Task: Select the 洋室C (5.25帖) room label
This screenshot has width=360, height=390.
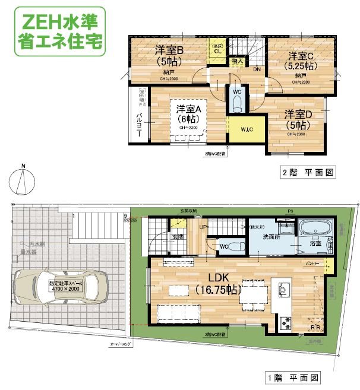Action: point(301,61)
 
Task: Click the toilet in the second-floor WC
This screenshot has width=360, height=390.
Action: point(236,104)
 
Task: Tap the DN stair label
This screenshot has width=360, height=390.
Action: point(257,69)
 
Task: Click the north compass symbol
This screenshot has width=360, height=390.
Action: point(21,180)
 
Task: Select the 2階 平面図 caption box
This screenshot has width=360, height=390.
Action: point(309,173)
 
